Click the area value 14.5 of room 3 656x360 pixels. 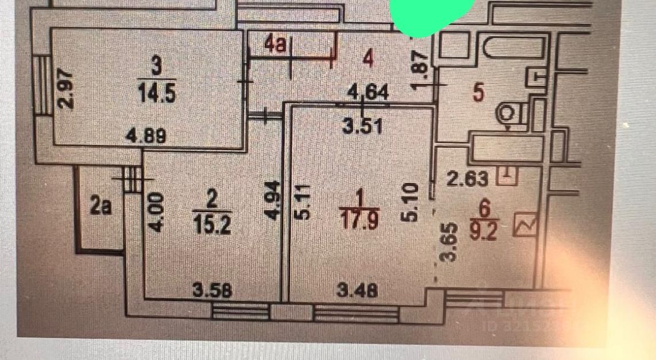(x=157, y=94)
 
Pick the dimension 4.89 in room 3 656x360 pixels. (x=147, y=137)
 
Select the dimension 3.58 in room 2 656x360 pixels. (x=213, y=291)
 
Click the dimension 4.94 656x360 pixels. (x=274, y=200)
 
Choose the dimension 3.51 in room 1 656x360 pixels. (x=362, y=126)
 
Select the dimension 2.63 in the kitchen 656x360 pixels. (x=468, y=179)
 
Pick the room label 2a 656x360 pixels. (x=101, y=206)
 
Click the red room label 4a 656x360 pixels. (x=276, y=44)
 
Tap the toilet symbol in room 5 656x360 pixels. (x=508, y=113)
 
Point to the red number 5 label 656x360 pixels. (x=478, y=92)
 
